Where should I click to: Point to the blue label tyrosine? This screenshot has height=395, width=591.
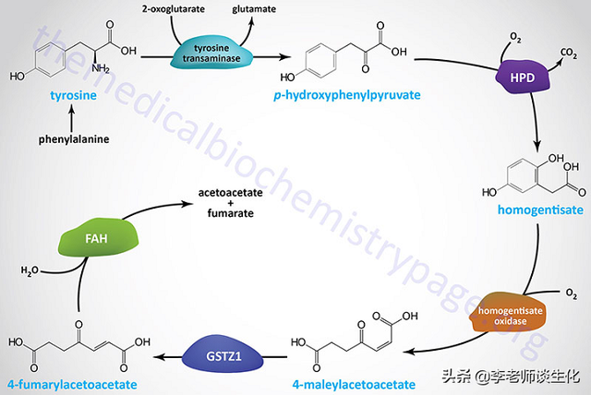(67, 95)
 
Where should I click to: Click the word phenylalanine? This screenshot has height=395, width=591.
(69, 141)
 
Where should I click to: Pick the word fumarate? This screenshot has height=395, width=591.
(230, 214)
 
